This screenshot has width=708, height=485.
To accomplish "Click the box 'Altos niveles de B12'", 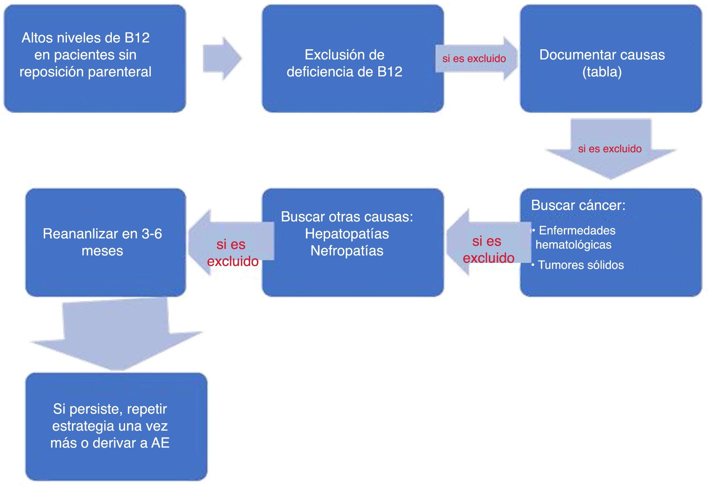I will coord(95,58).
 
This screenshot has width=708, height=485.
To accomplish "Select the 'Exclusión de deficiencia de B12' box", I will coord(352,58).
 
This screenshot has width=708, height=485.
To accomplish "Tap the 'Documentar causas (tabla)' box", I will coord(610,58).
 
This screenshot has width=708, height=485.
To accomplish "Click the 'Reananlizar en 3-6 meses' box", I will coord(105,242).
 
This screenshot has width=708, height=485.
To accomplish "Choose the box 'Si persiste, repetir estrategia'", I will coord(116,426).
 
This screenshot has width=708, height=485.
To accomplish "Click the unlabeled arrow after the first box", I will coord(222,58).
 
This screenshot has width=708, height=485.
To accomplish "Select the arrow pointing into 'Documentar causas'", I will coord(476,58).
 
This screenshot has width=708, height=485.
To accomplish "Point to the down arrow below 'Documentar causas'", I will coord(610,149).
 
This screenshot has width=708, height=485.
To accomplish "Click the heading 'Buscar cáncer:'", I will coord(578,205).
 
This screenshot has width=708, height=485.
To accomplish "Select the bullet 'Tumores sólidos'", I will coord(581,265).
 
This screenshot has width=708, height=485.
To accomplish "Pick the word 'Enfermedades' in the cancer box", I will coord(577,230).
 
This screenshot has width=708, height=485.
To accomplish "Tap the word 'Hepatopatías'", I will coord(347,234).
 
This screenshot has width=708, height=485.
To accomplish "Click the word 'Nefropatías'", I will coord(347,251).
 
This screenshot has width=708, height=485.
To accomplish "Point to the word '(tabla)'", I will coord(602,72).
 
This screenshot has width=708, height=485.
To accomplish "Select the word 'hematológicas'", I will coord(573,245).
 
